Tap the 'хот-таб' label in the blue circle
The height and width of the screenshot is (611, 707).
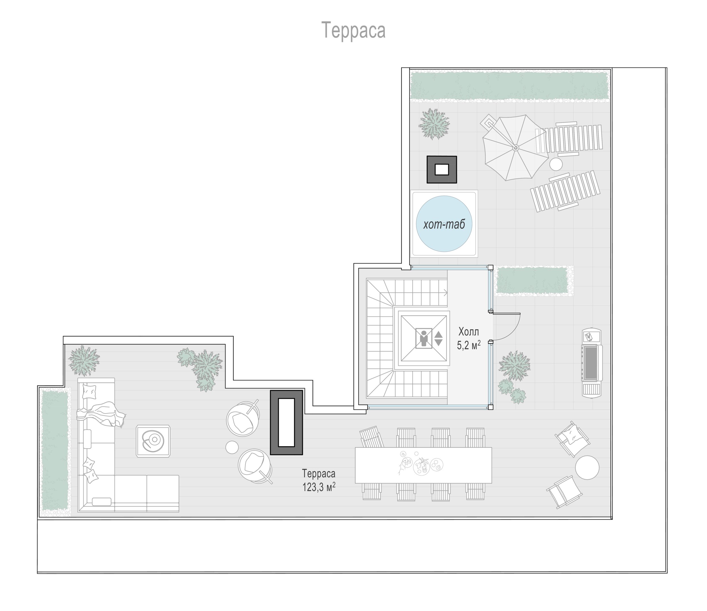click(444, 224)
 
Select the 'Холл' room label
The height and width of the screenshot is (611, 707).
click(469, 332)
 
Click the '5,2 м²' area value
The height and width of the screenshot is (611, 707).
click(469, 345)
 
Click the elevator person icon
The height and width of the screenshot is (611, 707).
click(424, 338)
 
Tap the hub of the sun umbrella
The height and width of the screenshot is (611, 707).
click(516, 148)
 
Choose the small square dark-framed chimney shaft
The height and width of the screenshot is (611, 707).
click(441, 170)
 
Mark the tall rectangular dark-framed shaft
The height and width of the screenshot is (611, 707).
click(286, 423)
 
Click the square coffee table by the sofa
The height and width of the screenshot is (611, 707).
click(153, 441)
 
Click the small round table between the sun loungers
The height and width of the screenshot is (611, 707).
click(556, 164)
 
